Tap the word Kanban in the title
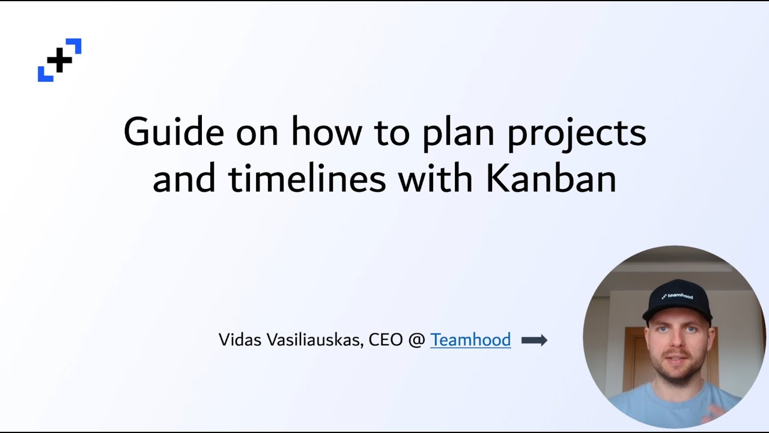(x=551, y=179)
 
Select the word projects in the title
(x=577, y=134)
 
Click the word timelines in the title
(x=307, y=179)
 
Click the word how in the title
(x=321, y=132)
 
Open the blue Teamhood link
(x=470, y=340)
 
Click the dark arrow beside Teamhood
(x=534, y=340)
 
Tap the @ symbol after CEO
(x=416, y=340)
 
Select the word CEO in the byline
(x=386, y=340)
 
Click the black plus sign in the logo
(x=59, y=60)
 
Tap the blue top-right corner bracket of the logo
(x=74, y=45)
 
